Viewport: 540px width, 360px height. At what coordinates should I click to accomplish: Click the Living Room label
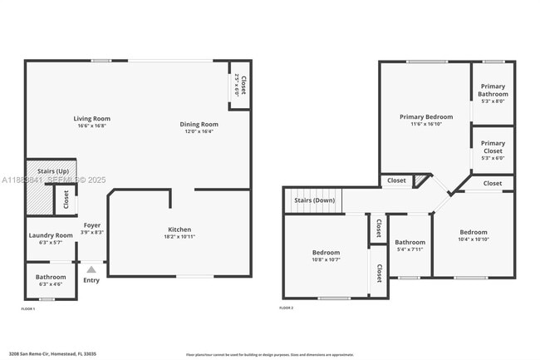pos(93,119)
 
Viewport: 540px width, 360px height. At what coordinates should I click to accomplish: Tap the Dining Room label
pos(199,125)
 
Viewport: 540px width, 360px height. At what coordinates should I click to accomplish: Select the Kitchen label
pos(179,229)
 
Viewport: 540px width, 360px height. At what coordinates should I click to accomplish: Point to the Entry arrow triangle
pos(91,269)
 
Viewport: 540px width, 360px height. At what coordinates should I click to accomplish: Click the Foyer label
pos(91,225)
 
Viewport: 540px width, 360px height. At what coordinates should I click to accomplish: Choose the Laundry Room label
pos(51,235)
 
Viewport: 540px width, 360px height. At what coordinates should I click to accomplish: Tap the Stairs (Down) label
pos(314,200)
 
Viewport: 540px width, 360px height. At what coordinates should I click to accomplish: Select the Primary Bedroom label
pos(425,117)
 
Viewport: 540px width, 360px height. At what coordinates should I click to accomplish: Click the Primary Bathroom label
pos(493,90)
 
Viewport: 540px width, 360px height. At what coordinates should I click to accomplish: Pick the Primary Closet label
pos(493,146)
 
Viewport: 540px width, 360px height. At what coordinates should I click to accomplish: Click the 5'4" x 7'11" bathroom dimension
pos(410,249)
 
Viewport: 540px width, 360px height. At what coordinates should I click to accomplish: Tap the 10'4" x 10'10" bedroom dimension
pos(474,239)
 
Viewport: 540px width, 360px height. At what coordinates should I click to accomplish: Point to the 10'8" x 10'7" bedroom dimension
pos(326,259)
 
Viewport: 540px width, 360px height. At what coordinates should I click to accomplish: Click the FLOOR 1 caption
pos(28,308)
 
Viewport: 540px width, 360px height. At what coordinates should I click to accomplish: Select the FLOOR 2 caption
pos(286,308)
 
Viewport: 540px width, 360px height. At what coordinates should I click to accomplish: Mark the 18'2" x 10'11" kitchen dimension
pos(179,237)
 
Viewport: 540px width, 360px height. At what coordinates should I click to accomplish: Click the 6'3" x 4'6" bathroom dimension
pos(51,284)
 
